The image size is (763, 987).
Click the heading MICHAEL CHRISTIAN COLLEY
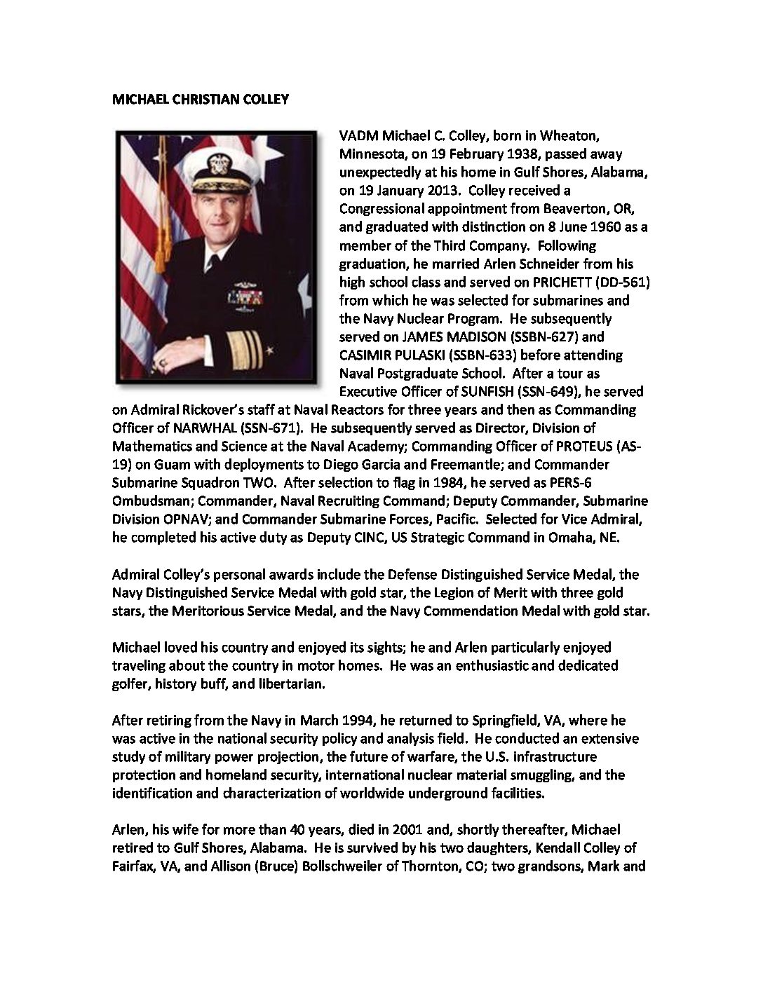click(201, 100)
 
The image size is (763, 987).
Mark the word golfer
click(130, 683)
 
